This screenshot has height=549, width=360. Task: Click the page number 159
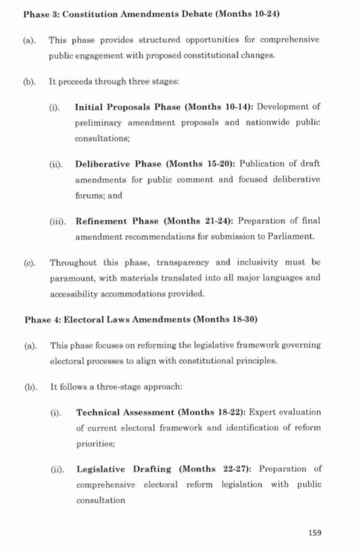pyautogui.click(x=315, y=532)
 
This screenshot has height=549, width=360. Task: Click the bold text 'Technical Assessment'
pyautogui.click(x=126, y=412)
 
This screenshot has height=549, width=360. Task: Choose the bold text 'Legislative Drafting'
pyautogui.click(x=124, y=469)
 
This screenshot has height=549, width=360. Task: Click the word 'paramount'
pyautogui.click(x=70, y=278)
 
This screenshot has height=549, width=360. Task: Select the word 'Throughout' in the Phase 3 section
pyautogui.click(x=74, y=262)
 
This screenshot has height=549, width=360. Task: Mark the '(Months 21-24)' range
pyautogui.click(x=198, y=220)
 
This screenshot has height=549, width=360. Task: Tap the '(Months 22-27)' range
pyautogui.click(x=217, y=469)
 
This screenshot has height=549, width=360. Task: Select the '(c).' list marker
pyautogui.click(x=30, y=263)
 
